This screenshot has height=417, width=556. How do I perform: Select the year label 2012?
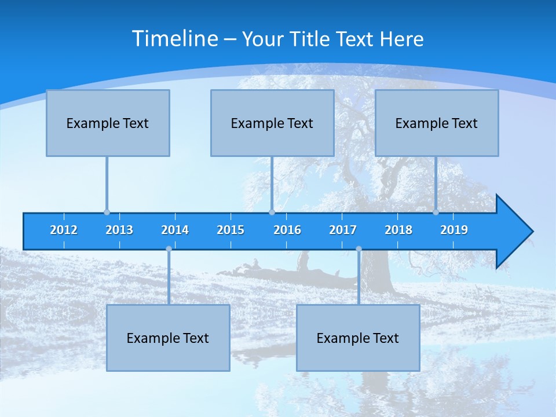pyautogui.click(x=64, y=230)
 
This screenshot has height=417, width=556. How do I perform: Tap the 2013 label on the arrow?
pyautogui.click(x=119, y=230)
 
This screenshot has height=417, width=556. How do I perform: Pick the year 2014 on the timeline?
pyautogui.click(x=175, y=230)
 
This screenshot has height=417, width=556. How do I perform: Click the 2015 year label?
pyautogui.click(x=231, y=230)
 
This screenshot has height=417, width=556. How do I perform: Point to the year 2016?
pyautogui.click(x=287, y=230)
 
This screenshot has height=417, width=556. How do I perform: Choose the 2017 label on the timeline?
pyautogui.click(x=343, y=230)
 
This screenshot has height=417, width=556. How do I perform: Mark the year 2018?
pyautogui.click(x=398, y=230)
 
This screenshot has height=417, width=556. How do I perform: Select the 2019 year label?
pyautogui.click(x=454, y=230)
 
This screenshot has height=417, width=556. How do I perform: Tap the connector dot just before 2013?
pyautogui.click(x=107, y=212)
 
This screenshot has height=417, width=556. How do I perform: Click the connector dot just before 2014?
pyautogui.click(x=169, y=249)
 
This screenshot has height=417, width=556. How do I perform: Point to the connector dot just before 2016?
pyautogui.click(x=272, y=212)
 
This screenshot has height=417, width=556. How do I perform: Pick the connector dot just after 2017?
pyautogui.click(x=359, y=249)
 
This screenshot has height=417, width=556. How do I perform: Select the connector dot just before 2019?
pyautogui.click(x=436, y=212)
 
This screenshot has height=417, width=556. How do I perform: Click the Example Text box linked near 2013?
pyautogui.click(x=108, y=123)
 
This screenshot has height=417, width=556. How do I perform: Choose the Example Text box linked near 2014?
pyautogui.click(x=168, y=338)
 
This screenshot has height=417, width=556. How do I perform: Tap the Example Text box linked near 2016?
pyautogui.click(x=272, y=123)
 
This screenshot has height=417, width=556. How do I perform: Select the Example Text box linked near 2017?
pyautogui.click(x=358, y=338)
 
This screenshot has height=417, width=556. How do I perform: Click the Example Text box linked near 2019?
pyautogui.click(x=437, y=123)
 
